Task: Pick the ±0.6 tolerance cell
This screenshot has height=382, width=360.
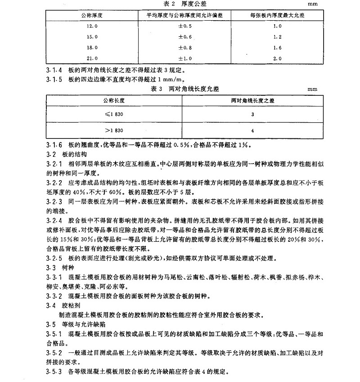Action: [184, 36]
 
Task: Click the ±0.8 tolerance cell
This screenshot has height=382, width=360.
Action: [184, 47]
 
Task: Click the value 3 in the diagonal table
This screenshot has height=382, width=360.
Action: [252, 114]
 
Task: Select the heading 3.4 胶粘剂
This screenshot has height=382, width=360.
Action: [62, 305]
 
